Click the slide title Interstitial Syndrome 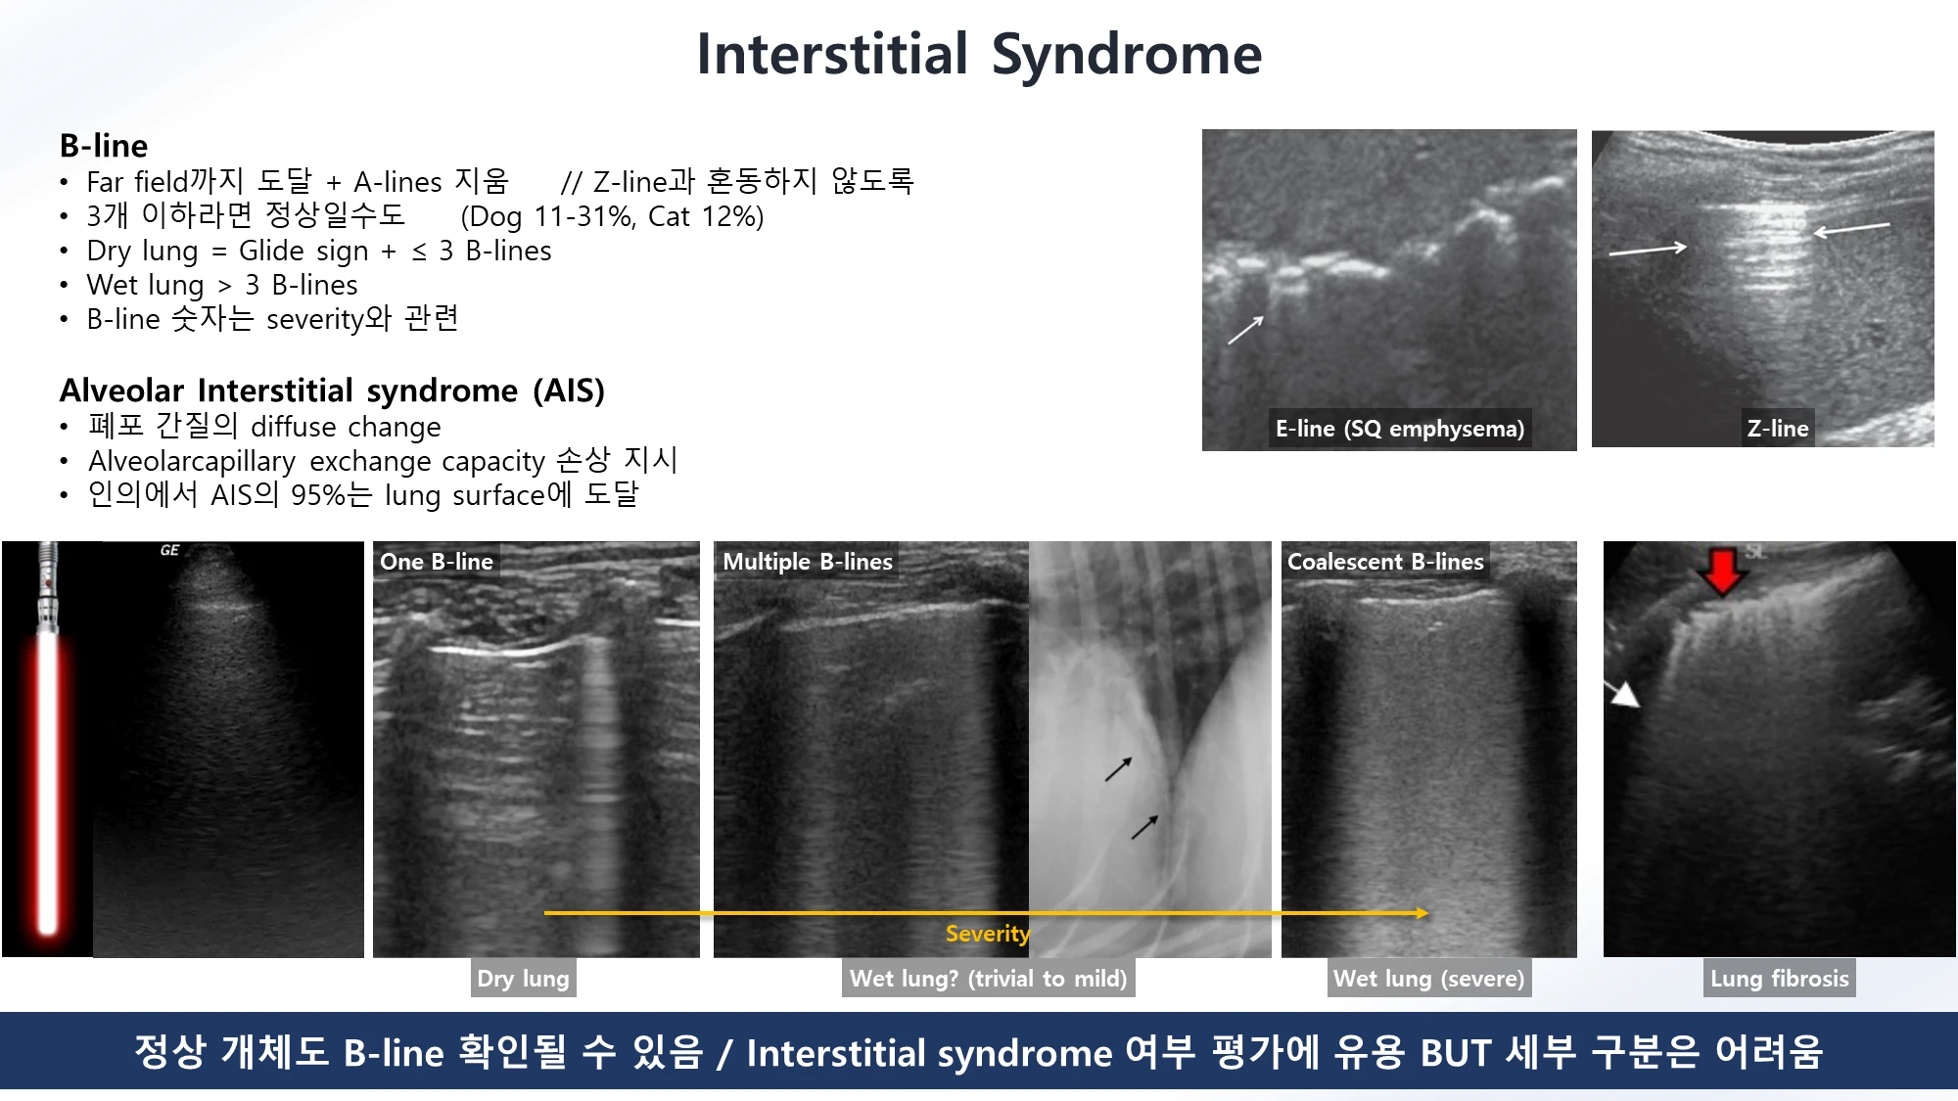coord(979,54)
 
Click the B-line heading coord(104,146)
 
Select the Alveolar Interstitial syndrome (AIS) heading coord(332,390)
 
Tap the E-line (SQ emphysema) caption coord(1400,429)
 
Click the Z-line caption coord(1778,429)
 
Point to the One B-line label coord(437,562)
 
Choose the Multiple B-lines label coord(808,562)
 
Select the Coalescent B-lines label coord(1385,562)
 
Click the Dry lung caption coord(524,978)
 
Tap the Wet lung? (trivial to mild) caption coord(989,978)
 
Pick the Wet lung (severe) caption coord(1429,978)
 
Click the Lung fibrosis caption coord(1780,978)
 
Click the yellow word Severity coord(988,934)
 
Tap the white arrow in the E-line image coord(1246,330)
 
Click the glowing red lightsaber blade coord(48,783)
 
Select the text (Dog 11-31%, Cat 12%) coord(612,216)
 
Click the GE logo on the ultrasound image coord(169,550)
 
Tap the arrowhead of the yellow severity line coord(1422,913)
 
